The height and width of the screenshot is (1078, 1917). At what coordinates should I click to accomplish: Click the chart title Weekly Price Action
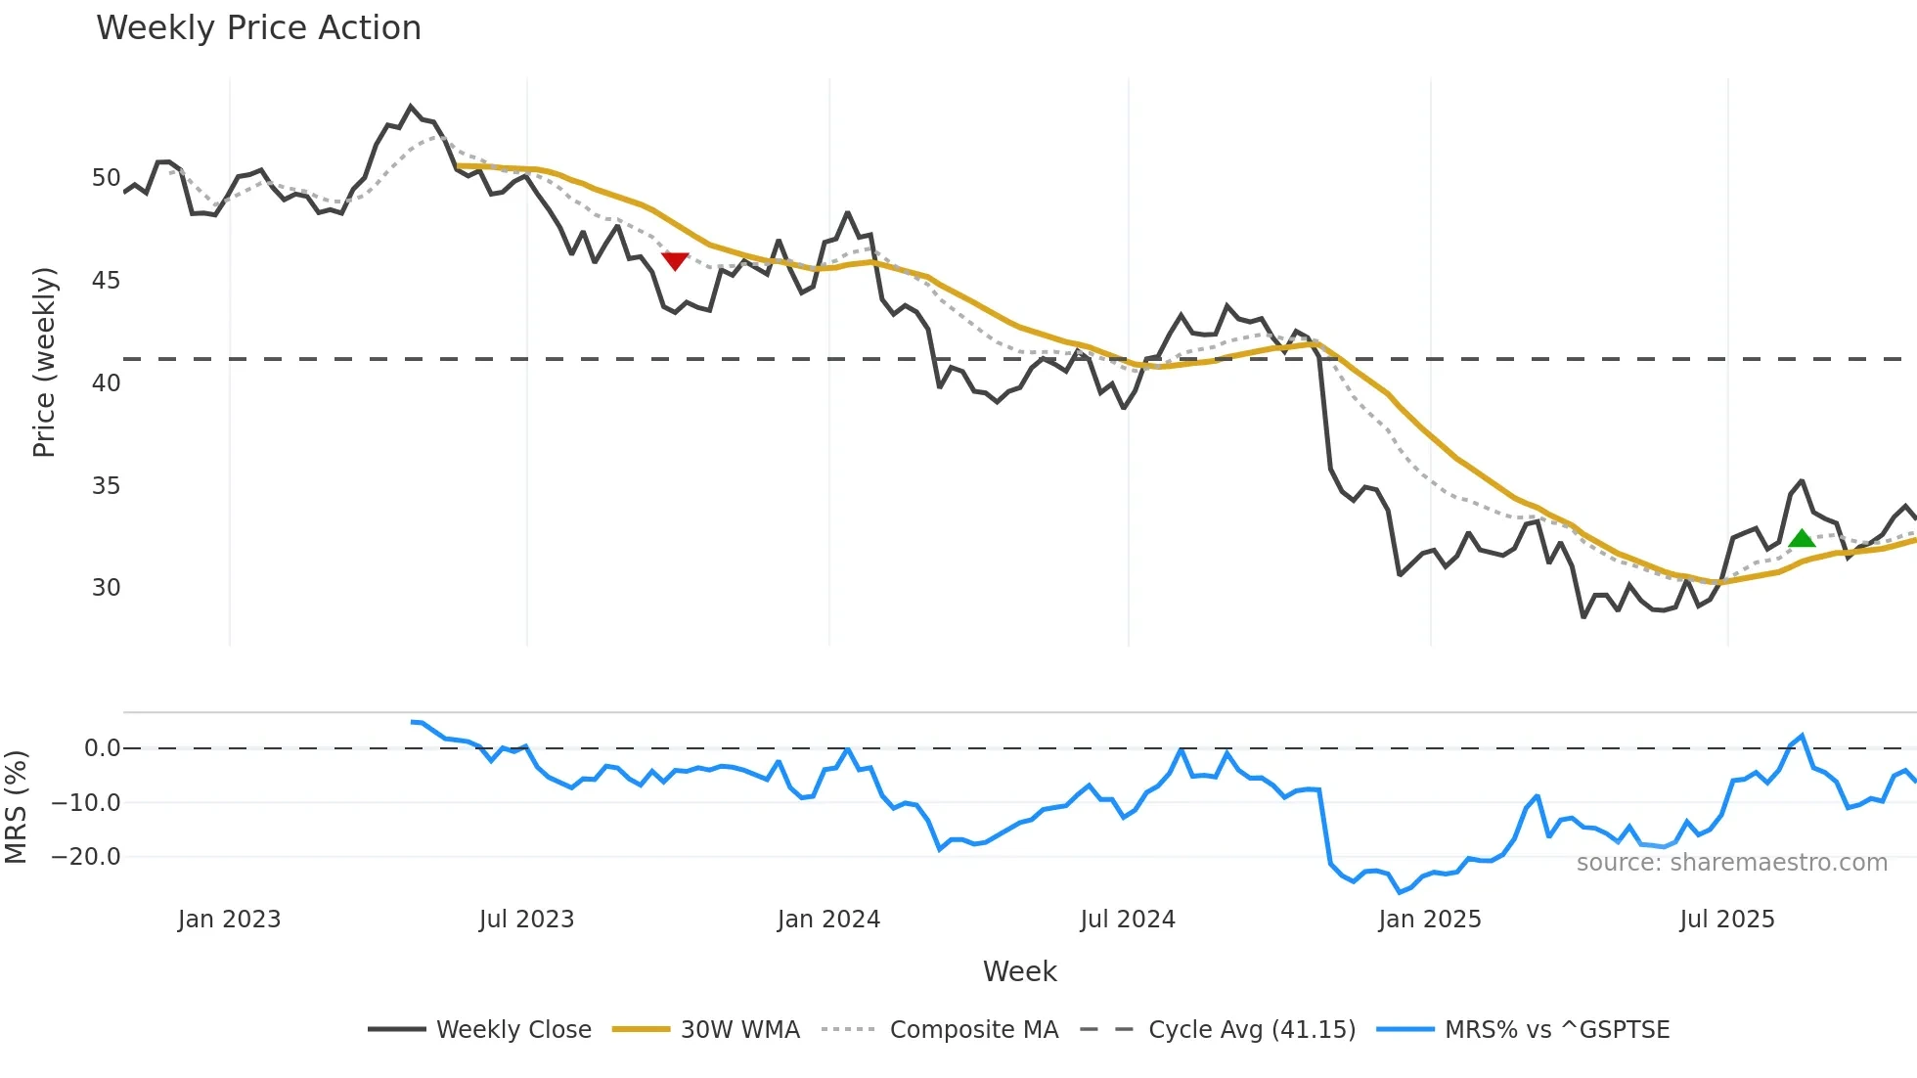258,28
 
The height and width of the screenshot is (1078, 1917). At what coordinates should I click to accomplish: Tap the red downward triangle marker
675,260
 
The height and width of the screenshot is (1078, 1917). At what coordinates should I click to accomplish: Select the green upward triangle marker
1801,538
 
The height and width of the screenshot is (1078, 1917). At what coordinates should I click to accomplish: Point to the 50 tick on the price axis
106,178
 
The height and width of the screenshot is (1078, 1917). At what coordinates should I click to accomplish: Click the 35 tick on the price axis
106,486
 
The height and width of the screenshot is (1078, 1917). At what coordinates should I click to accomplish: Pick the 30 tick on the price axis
106,588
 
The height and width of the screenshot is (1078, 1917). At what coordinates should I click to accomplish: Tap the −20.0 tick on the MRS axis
86,857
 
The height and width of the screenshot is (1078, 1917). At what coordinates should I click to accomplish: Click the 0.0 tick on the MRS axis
102,748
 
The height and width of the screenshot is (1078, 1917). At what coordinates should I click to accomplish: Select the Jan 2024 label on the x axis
828,920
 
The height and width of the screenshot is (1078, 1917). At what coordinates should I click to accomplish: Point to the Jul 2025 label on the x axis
1726,920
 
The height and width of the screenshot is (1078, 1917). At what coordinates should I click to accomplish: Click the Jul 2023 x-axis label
526,920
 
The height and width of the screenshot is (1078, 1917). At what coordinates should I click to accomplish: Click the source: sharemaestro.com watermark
1731,863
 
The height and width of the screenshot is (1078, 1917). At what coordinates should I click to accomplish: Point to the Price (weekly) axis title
44,362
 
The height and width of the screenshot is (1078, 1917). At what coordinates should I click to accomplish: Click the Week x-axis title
1019,971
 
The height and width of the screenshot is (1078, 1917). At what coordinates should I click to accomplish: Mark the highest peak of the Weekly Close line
411,107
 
